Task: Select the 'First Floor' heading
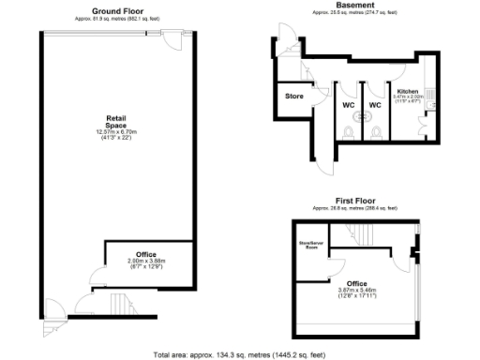(x=354, y=201)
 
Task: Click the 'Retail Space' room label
(x=115, y=121)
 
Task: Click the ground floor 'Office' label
(x=145, y=254)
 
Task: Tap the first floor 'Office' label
(x=356, y=283)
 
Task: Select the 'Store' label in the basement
(x=293, y=95)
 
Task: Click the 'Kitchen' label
(x=407, y=91)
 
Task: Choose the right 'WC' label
(x=374, y=105)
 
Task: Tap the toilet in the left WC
(x=349, y=134)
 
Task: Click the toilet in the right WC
(x=377, y=134)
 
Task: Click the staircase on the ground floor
(x=120, y=304)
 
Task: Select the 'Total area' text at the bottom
(x=239, y=354)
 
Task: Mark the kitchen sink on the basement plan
(x=427, y=82)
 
